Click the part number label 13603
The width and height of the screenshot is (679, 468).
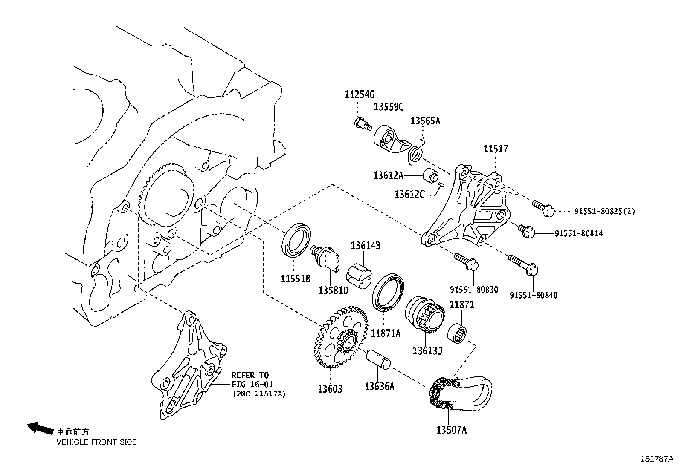click(x=330, y=388)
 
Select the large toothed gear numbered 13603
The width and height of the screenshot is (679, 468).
click(x=337, y=336)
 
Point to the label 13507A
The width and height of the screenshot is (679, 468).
click(x=451, y=430)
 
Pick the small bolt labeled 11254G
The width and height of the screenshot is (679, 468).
click(x=363, y=124)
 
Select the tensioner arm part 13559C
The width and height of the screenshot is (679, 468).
click(x=389, y=141)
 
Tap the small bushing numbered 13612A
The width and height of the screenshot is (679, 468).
click(x=431, y=175)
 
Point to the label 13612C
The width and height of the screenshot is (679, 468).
click(x=409, y=194)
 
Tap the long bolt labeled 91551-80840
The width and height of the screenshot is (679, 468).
click(x=523, y=264)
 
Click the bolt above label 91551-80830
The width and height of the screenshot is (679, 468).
click(x=467, y=262)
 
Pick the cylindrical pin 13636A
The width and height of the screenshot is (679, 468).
click(x=379, y=359)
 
